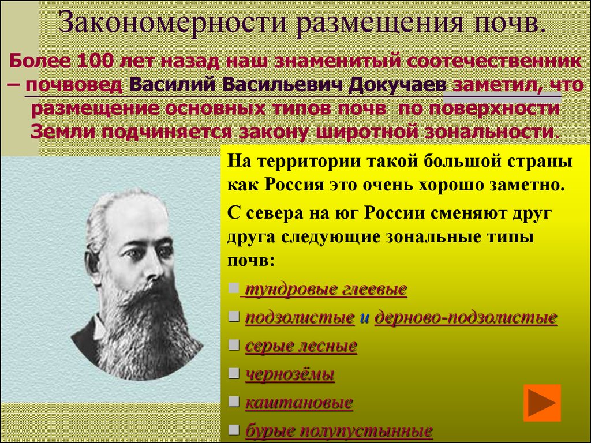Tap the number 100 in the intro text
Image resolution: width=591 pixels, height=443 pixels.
click(x=96, y=61)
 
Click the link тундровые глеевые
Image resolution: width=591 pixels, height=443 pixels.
click(x=326, y=290)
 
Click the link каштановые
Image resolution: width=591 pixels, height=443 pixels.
click(x=299, y=402)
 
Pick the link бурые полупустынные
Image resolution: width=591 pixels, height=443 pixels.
click(x=339, y=430)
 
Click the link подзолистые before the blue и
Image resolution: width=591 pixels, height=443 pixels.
click(x=300, y=317)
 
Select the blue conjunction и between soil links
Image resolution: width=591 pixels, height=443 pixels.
click(x=364, y=318)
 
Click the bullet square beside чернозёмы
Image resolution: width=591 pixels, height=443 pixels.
click(x=233, y=374)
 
